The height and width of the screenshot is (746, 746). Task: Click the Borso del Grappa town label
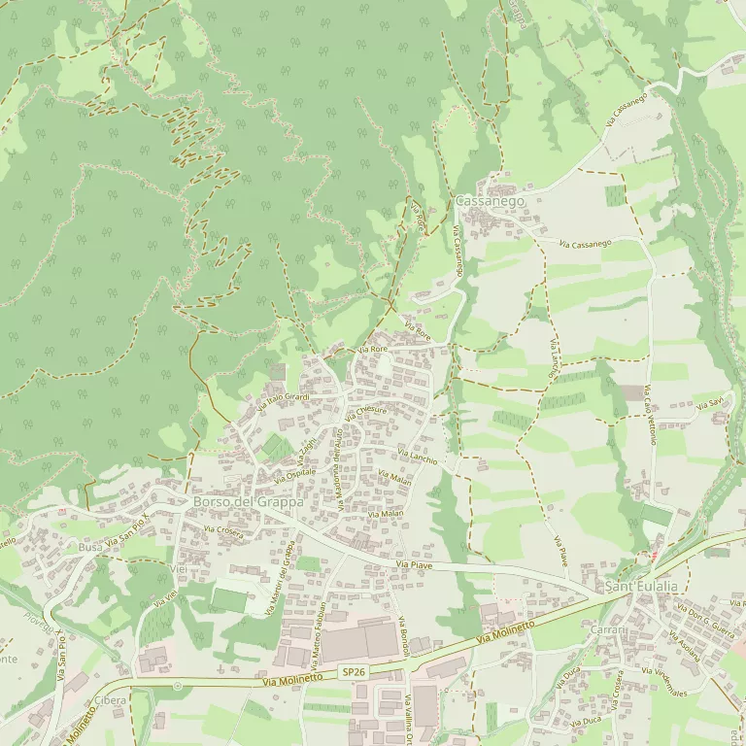click(x=249, y=502)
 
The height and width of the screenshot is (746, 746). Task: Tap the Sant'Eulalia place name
click(x=641, y=588)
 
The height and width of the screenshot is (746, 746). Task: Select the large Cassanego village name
click(x=490, y=200)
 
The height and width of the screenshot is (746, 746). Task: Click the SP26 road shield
click(x=353, y=672)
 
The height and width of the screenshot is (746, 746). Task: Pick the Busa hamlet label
click(x=90, y=548)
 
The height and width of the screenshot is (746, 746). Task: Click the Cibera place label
click(x=111, y=700)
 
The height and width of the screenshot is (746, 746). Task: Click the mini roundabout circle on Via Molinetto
click(x=177, y=686)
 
